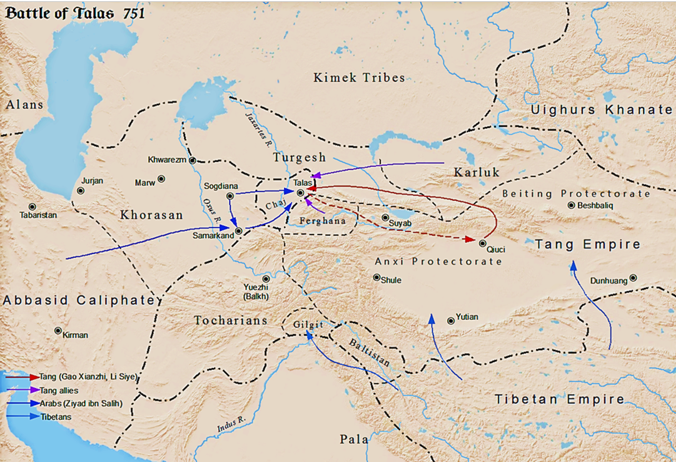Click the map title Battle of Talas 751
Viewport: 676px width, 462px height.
point(75,13)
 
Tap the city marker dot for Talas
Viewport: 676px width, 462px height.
point(300,193)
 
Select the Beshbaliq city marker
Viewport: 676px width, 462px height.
point(571,205)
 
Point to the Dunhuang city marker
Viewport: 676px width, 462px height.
point(633,278)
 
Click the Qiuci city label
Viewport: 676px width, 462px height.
point(495,249)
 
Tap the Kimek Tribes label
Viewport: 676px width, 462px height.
point(359,78)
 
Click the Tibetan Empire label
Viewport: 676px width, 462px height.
point(559,399)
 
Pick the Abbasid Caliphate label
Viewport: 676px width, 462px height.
point(79,300)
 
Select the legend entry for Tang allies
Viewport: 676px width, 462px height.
point(58,390)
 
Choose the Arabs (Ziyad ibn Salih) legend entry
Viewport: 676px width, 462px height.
point(81,403)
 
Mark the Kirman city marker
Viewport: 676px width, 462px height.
point(58,331)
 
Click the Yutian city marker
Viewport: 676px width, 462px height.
point(451,321)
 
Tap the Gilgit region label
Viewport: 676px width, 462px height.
point(308,325)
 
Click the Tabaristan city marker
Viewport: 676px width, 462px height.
point(32,207)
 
